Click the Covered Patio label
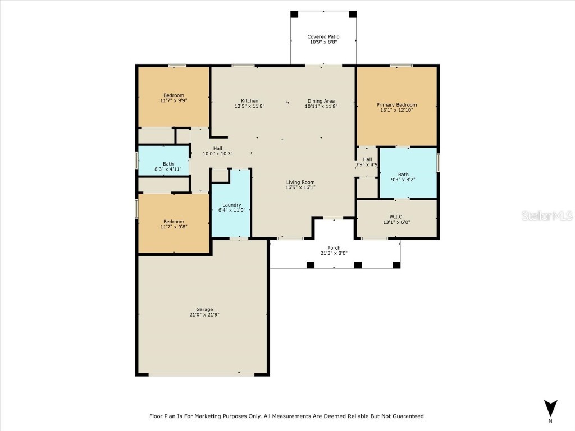pyautogui.click(x=324, y=37)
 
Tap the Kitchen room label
pyautogui.click(x=250, y=101)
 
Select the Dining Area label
pyautogui.click(x=321, y=101)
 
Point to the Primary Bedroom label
pyautogui.click(x=396, y=105)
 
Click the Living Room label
pyautogui.click(x=300, y=182)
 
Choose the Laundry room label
pyautogui.click(x=231, y=205)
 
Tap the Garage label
pyautogui.click(x=204, y=309)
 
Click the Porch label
pyautogui.click(x=335, y=247)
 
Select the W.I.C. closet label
pyautogui.click(x=397, y=216)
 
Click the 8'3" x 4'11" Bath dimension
pyautogui.click(x=164, y=169)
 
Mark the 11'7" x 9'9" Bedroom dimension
pyautogui.click(x=174, y=100)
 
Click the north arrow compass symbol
pyautogui.click(x=551, y=409)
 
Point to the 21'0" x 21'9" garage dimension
pyautogui.click(x=204, y=315)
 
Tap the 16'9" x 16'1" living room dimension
pyautogui.click(x=300, y=187)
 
